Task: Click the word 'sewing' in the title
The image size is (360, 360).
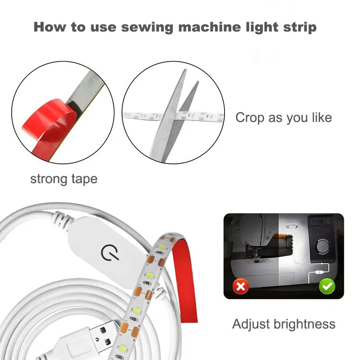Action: (147, 27)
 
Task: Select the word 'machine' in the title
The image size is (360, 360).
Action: (209, 27)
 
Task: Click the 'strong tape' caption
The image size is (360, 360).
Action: (64, 179)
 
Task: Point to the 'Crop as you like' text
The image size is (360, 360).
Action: (283, 118)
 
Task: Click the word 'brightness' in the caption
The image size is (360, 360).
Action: (305, 324)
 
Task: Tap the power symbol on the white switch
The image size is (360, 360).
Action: (110, 252)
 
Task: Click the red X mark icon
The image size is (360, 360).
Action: (240, 286)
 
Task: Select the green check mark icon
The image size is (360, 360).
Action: (327, 286)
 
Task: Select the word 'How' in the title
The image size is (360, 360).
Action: (49, 27)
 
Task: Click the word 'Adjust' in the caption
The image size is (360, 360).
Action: (251, 324)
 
